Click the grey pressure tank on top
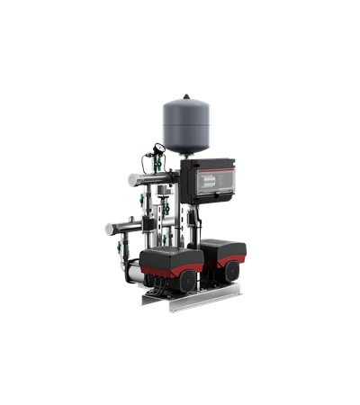tap(187, 125)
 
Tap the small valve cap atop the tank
tap(187, 96)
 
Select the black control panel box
tap(209, 185)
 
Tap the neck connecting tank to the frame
tap(187, 155)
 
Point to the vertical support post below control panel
tap(193, 225)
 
